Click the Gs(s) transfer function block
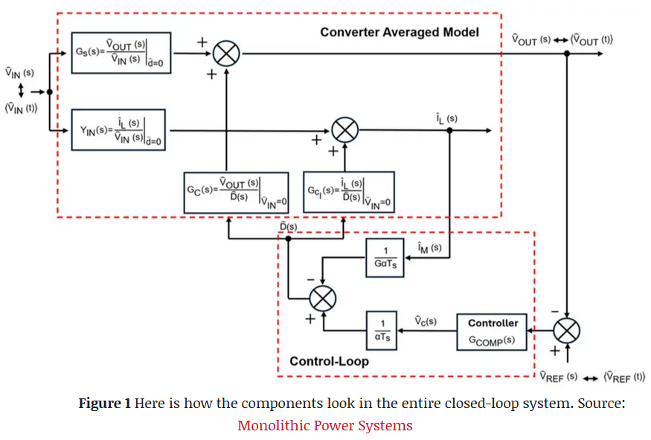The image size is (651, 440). coord(121,53)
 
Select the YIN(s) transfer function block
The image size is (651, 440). coord(118,129)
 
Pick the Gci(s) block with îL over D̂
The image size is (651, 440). coord(349,192)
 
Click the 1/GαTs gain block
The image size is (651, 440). coord(385,257)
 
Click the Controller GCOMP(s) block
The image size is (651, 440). coord(492,331)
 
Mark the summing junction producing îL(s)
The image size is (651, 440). coord(344,131)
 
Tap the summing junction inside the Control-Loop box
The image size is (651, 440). coord(322,299)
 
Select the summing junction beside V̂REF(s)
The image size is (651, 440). coord(568,329)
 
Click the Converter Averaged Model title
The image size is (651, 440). coord(399,33)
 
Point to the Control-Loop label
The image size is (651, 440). coord(329,361)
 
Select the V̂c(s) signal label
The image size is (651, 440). coord(425,321)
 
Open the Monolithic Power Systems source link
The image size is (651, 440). coord(324,426)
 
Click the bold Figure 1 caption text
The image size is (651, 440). coord(105,404)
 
